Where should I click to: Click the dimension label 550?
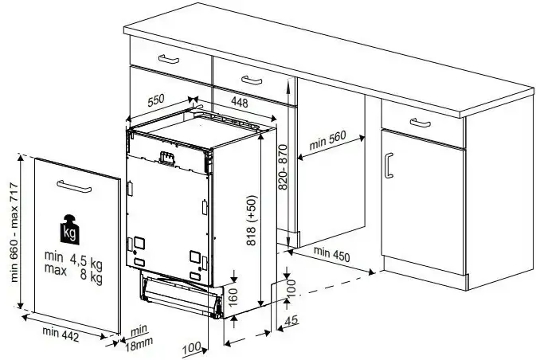pos(156,100)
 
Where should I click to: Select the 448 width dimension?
pos(239,102)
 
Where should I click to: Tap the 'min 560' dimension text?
pos(327,140)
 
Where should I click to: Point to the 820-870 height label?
pos(283,167)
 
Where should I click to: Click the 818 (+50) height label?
pos(251,220)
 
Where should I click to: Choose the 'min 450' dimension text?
pos(331,254)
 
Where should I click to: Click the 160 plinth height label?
pos(233,297)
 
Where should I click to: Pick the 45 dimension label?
pos(291,321)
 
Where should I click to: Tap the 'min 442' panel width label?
pos(61,334)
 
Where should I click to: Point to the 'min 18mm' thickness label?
pos(139,338)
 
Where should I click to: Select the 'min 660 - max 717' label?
pos(14,232)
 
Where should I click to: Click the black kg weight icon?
pos(70,229)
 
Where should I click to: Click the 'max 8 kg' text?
pos(73,272)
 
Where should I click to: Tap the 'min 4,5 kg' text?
pos(73,259)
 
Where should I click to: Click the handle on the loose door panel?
pos(74,186)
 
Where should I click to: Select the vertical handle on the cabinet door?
pos(388,166)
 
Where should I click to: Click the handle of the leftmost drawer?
pos(169,59)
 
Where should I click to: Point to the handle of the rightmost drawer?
pos(420,123)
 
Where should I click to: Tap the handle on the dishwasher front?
pos(167,158)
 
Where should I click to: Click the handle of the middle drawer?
pos(252,80)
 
